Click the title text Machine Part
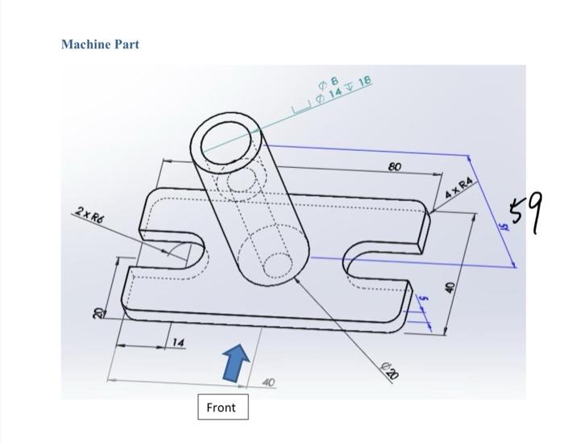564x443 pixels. click(100, 44)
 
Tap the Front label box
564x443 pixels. click(221, 407)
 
